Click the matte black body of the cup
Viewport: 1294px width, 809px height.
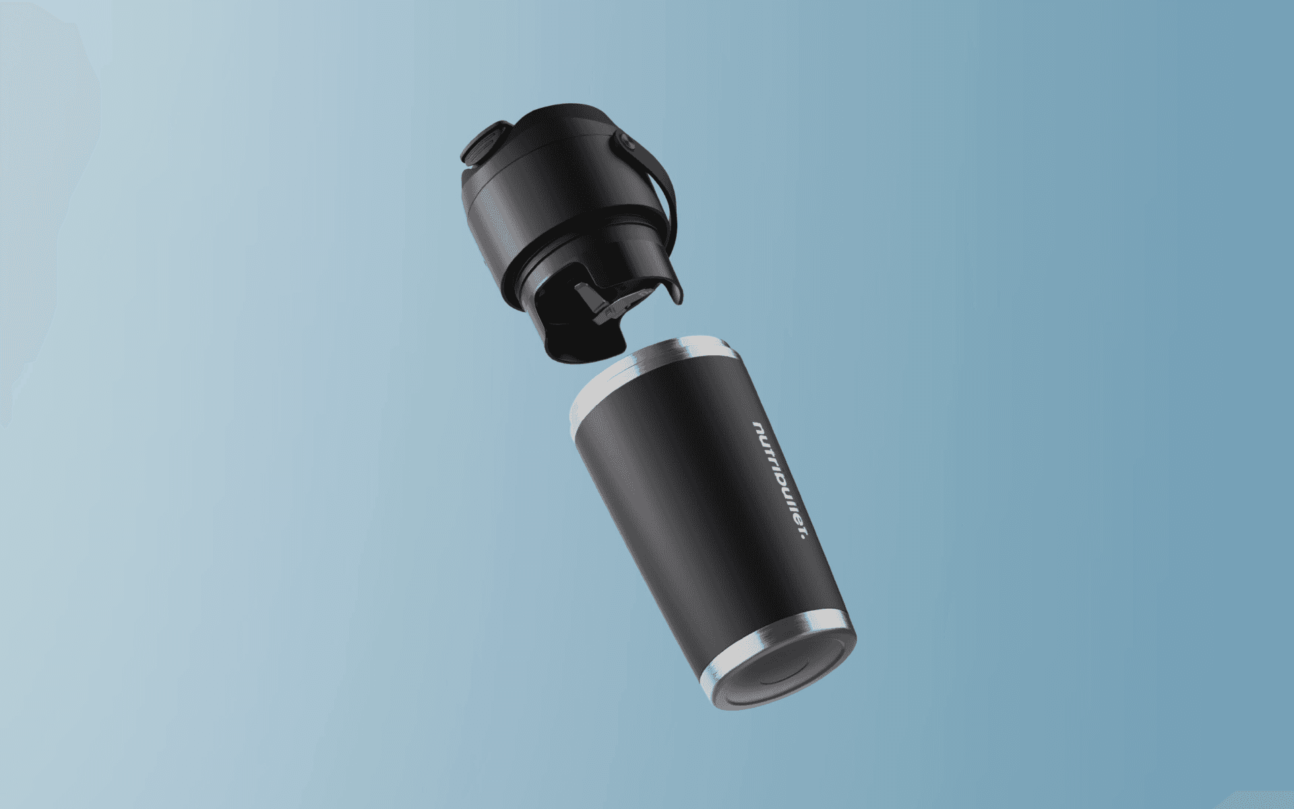coord(708,512)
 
